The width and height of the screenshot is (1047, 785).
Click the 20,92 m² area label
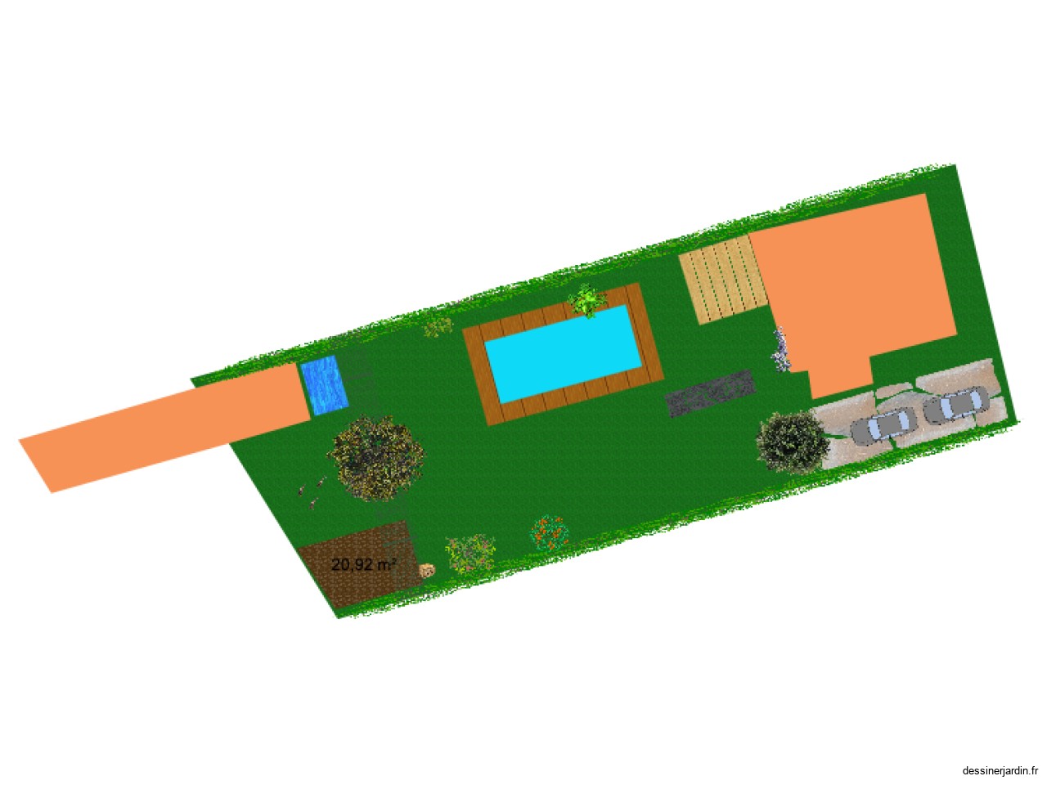363,565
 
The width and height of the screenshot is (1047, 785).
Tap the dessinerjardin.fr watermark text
999,770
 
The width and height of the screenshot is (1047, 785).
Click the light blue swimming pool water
564,353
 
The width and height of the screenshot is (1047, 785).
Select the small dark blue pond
325,384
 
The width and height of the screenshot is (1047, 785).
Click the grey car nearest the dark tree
883,426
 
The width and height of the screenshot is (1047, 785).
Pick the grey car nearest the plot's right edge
955,405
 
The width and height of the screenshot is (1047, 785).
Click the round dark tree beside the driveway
793,442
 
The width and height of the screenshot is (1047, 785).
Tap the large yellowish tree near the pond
375,458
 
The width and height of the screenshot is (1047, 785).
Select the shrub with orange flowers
549,533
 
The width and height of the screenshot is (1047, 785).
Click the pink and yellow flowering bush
470,554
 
